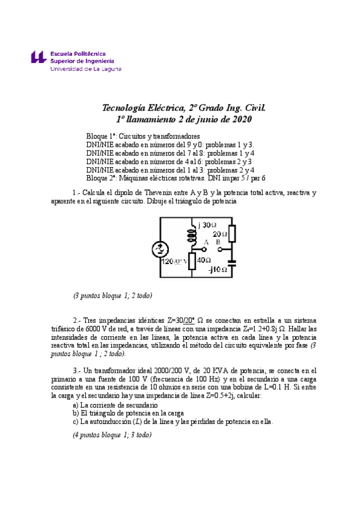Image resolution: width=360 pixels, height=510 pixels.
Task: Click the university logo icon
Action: click(x=38, y=58)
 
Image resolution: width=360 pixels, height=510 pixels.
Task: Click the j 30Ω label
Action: click(x=207, y=224)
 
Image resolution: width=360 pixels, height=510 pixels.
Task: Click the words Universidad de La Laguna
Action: click(x=86, y=69)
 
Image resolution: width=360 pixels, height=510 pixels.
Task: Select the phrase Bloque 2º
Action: click(x=101, y=178)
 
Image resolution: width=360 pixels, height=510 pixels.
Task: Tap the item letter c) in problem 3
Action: click(x=75, y=422)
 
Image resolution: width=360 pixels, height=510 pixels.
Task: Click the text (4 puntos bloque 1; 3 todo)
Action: click(x=112, y=434)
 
